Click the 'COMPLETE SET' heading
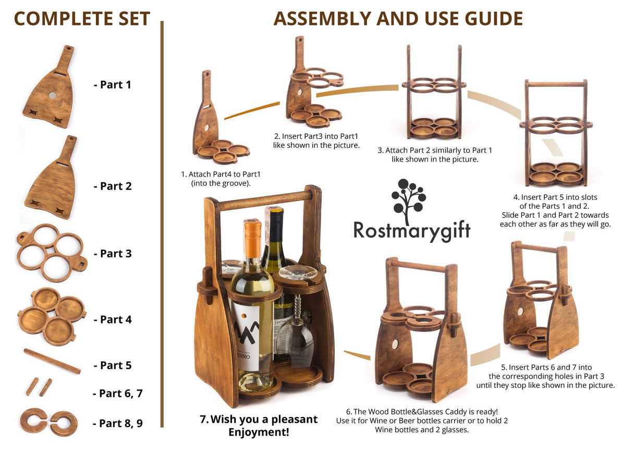[x=82, y=19]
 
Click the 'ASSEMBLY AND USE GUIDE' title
[x=398, y=19]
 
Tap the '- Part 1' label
[x=112, y=85]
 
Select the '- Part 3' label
[x=112, y=254]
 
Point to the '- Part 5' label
[x=112, y=365]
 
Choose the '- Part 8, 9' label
[x=117, y=423]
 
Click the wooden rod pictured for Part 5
[x=52, y=361]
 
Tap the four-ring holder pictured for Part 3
[x=51, y=252]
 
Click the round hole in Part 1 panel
[x=52, y=96]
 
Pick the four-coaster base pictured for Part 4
[x=51, y=316]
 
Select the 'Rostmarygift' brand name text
[x=411, y=230]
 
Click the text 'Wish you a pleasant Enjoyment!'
[x=259, y=426]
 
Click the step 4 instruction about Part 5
[x=555, y=210]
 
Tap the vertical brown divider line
[x=162, y=224]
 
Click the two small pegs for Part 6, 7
[x=39, y=387]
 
